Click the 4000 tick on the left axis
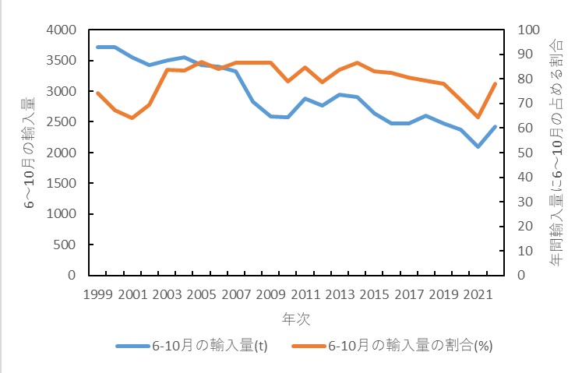point(61,30)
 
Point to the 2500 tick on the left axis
point(61,122)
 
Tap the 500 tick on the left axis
point(64,245)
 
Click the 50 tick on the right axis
point(518,153)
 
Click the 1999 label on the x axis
point(97,295)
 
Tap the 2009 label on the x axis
point(271,295)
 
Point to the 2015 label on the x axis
point(375,295)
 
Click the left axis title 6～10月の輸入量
point(29,153)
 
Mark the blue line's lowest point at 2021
point(478,146)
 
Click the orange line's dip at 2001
point(132,118)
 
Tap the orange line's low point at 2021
point(478,118)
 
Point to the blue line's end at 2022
point(496,126)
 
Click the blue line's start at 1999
point(97,47)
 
